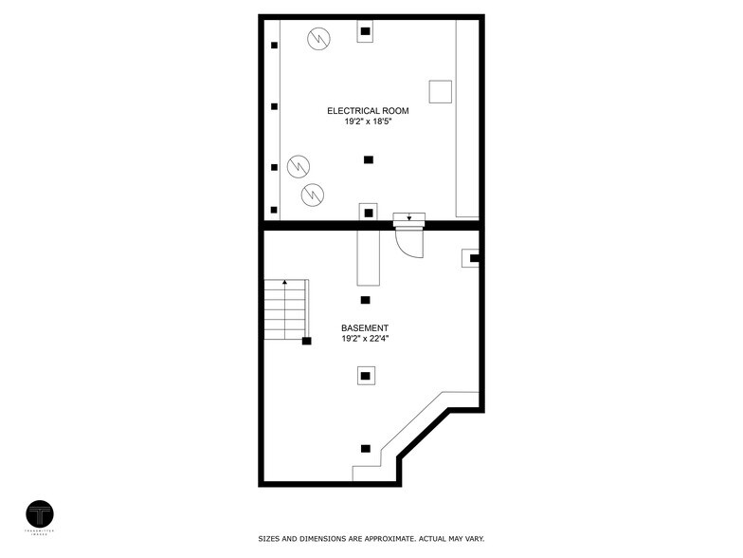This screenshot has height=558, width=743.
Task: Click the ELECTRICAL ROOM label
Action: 368,111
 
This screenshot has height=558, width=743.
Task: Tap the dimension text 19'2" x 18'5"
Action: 368,122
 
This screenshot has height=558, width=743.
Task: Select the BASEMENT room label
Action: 365,327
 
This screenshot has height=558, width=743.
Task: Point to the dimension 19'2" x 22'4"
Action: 365,339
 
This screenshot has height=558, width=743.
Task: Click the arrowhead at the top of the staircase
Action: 284,283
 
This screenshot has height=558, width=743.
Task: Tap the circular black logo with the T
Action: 40,515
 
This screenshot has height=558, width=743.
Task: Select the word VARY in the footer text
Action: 472,538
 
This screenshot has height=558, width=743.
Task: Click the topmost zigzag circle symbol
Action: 318,39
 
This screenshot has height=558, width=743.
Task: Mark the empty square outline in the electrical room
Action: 440,91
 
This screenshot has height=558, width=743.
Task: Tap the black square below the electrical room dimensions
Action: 369,159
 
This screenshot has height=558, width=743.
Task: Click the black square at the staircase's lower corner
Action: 307,341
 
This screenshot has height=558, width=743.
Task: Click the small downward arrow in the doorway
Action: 409,217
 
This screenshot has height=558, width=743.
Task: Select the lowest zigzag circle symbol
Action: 311,195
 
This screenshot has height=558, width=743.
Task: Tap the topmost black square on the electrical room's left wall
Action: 274,45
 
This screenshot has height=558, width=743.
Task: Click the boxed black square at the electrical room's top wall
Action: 366,32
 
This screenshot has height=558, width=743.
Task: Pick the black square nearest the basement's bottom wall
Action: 365,448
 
